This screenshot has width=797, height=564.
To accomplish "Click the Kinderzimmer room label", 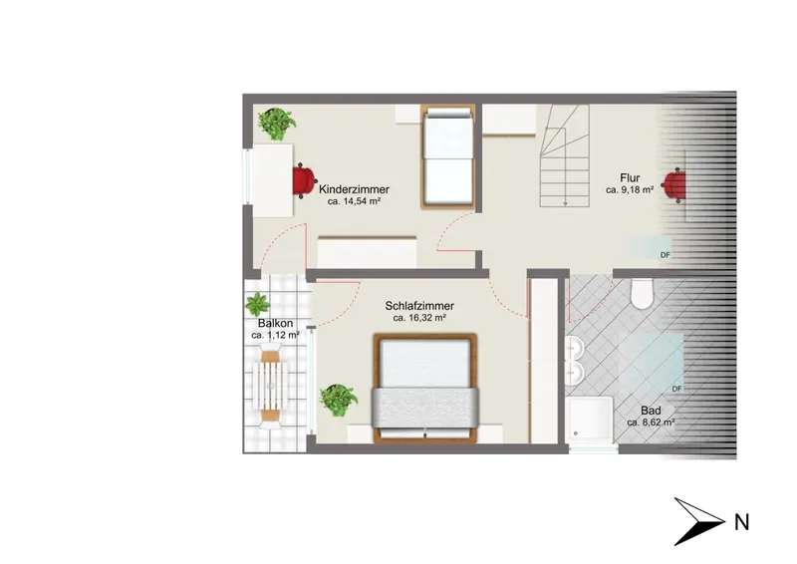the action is (354, 189).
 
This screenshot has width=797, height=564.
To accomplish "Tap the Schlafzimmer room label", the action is (419, 306).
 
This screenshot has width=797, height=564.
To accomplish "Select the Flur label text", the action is (630, 178).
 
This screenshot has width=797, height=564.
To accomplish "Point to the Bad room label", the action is (651, 411).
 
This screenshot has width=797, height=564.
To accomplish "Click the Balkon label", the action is (276, 324).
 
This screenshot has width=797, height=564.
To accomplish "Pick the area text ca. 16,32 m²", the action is (419, 318).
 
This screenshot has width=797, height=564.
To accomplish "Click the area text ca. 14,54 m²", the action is (355, 202).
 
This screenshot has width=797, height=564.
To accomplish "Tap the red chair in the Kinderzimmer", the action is (304, 180).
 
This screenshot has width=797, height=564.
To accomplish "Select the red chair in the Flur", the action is (674, 184).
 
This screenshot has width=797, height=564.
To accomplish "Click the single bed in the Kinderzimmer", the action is (447, 156).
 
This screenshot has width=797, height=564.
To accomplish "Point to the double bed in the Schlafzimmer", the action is (425, 388).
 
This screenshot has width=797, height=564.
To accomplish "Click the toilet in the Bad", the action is (642, 293).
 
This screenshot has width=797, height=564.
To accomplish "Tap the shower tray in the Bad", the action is (590, 421).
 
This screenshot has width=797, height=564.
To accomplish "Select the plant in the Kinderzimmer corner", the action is (277, 124).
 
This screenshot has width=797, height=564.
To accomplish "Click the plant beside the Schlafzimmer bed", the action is (338, 401).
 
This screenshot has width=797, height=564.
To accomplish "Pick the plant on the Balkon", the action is (258, 305).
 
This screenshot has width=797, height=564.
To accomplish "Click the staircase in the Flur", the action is (564, 155).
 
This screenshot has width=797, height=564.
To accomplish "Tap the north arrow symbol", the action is (699, 521).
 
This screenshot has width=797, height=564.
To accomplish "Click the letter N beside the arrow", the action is (742, 523).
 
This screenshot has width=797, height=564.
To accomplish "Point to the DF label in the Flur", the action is (664, 255).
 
